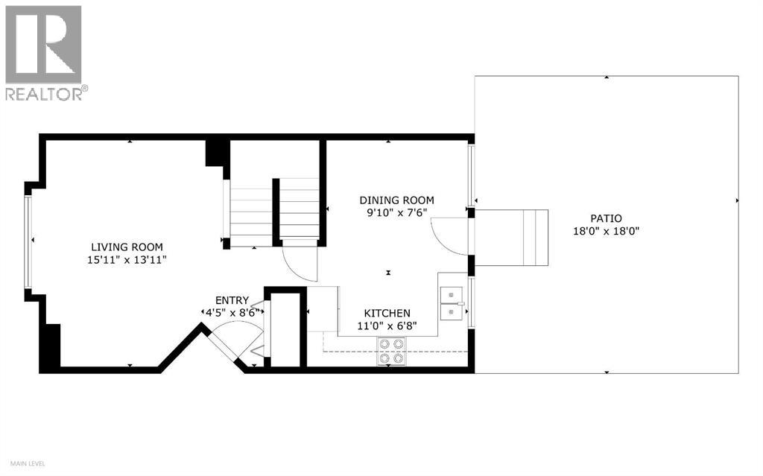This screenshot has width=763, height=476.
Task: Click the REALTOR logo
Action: [44, 52]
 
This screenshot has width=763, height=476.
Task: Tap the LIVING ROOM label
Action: [127, 247]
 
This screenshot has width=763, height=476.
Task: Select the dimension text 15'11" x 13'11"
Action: [127, 260]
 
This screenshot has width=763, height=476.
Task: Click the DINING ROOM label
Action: [396, 200]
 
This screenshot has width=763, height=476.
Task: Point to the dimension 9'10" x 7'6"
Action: [396, 213]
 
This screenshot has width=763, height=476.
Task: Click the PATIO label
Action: [606, 218]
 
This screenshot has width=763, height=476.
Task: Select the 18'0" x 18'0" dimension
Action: [606, 231]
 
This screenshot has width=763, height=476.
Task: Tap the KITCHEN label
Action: [386, 314]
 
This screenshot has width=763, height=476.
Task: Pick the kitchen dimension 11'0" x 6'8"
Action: [386, 326]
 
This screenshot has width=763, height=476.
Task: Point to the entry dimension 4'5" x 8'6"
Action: [232, 313]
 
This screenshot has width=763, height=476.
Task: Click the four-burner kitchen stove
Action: [392, 351]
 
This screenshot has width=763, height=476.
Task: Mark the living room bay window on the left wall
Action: [28, 241]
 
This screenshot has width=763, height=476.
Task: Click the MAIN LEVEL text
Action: [23, 464]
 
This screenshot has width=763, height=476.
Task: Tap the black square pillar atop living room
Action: [215, 154]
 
